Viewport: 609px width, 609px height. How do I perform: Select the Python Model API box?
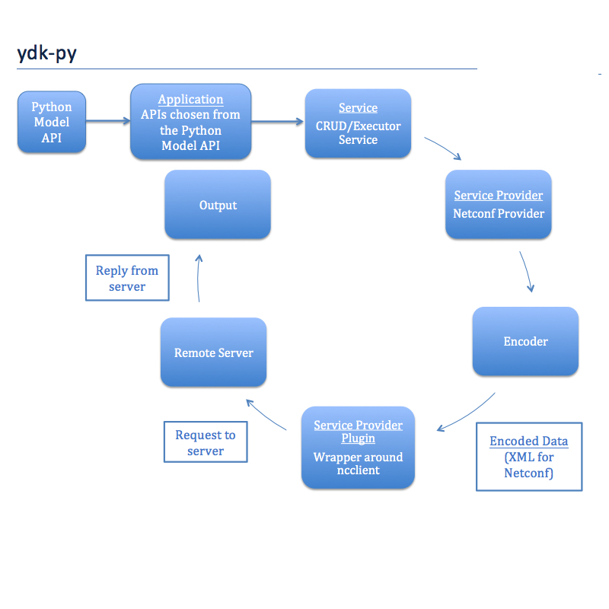point(52,123)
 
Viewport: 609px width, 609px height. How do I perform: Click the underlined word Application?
point(190,100)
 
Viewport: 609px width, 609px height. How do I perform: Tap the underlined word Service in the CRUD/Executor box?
point(358,108)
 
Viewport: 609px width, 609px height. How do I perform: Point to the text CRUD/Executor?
point(358,126)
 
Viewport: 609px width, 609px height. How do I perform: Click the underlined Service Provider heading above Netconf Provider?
point(499,196)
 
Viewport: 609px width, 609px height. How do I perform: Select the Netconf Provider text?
point(499,214)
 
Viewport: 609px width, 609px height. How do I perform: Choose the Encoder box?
point(525,341)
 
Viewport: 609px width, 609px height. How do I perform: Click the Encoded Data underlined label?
point(528,442)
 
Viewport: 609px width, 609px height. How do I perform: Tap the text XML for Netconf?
point(528,465)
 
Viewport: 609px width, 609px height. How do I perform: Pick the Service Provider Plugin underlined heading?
point(358,432)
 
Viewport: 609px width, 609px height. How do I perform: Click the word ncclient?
point(358,470)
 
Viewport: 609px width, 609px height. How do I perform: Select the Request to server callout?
point(206,442)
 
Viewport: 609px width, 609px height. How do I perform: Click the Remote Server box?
point(213,352)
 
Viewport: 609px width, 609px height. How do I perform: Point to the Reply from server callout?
point(127,278)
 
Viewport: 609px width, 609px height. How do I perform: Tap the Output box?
point(218,205)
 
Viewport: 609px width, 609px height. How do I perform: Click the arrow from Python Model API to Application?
point(107,120)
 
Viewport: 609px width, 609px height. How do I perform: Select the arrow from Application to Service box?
point(278,120)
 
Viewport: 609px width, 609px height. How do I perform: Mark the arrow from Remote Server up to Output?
point(199,279)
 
